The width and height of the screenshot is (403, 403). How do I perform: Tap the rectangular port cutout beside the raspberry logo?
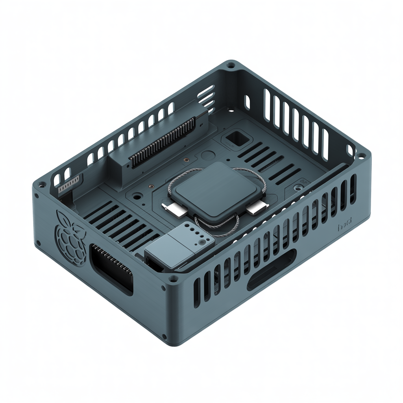pos(112,269)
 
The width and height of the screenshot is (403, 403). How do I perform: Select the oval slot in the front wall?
pos(272,270)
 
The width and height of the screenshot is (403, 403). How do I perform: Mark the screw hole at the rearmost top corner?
pos(231,64)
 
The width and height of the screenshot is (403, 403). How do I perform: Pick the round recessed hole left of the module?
pos(137,195)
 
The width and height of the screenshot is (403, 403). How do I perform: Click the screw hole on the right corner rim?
pos(361,155)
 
